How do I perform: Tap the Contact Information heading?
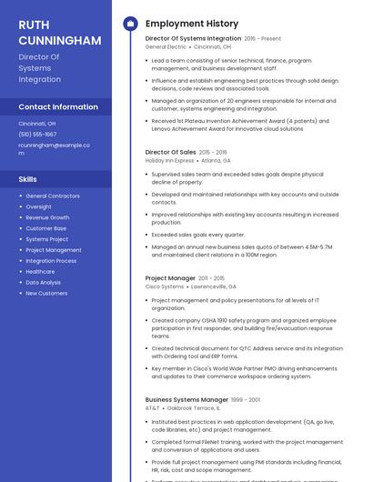pos(58,106)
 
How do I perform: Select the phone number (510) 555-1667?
pos(37,134)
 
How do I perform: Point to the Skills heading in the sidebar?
pos(28,179)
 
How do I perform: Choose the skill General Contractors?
pos(53,196)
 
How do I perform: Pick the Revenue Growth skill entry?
pos(47,217)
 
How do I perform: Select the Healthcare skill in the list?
pos(40,271)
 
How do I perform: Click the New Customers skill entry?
pos(46,293)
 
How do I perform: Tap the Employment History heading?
pos(192,24)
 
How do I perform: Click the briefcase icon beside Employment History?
pos(130,24)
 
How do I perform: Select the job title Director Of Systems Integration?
pos(193,38)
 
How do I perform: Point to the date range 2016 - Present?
pos(263,39)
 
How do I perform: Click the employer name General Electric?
pos(166,46)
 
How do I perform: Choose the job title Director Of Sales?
pos(170,152)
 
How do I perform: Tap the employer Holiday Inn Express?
pos(169,160)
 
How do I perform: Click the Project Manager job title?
pos(170,277)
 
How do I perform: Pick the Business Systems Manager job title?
pos(186,399)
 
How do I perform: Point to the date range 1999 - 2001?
pos(246,399)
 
